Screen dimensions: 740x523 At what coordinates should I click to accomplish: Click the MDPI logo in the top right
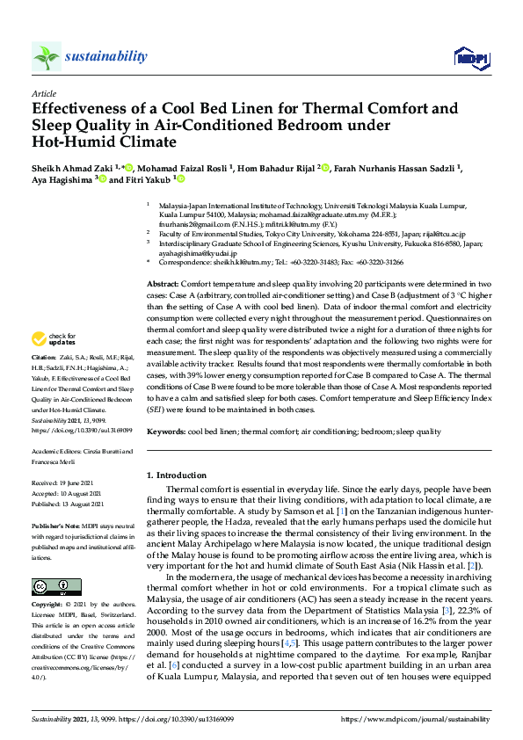(471, 58)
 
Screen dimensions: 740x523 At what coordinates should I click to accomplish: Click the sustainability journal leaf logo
(47, 57)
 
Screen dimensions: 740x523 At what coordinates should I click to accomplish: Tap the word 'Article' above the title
(44, 92)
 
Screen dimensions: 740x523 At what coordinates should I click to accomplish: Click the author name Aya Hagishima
(62, 179)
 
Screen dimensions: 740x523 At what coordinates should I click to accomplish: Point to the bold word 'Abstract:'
(163, 286)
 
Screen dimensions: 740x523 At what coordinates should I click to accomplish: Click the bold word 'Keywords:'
(165, 432)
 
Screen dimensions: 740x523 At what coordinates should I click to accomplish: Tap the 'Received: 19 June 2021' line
(69, 484)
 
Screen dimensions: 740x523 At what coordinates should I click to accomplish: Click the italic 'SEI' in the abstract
(156, 410)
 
